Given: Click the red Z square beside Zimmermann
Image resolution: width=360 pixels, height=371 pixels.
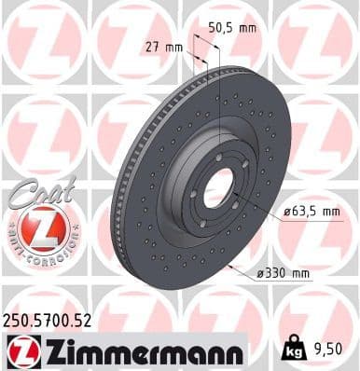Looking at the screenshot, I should [20, 351].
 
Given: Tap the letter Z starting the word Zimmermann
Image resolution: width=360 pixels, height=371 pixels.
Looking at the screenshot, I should [48, 351].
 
